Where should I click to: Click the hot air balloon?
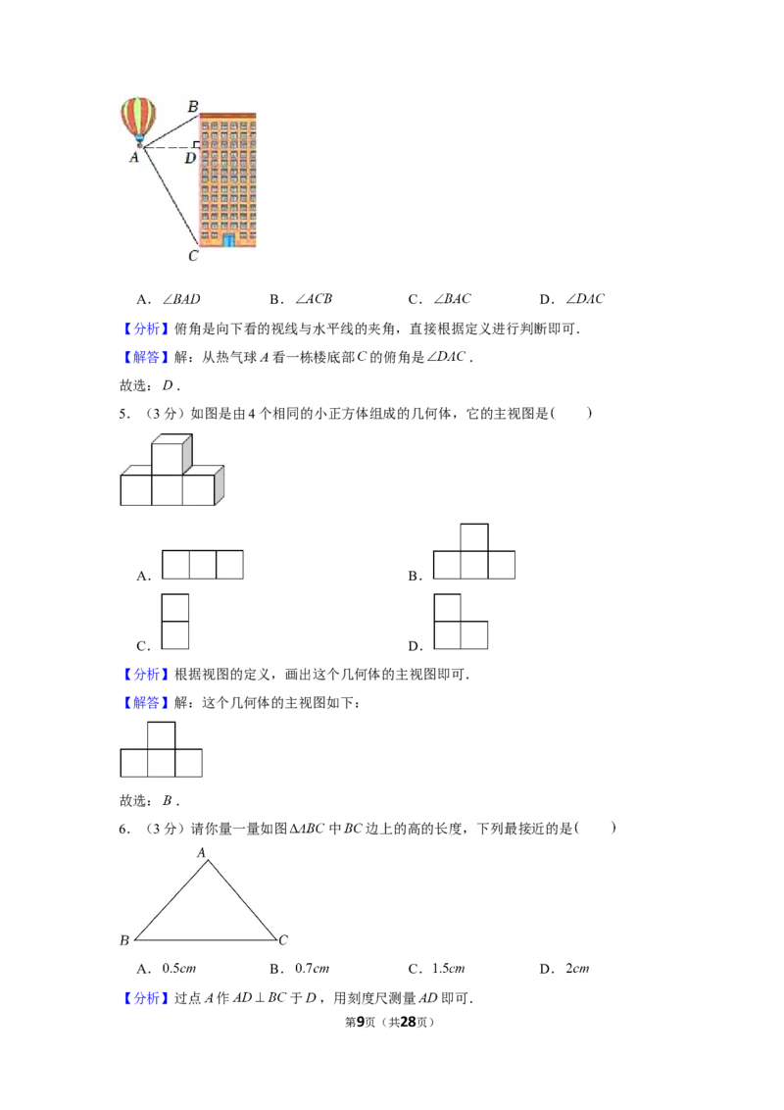pos(139,121)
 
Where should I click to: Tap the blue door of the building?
pos(228,240)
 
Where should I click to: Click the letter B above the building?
pos(193,106)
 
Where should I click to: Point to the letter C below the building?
pos(193,256)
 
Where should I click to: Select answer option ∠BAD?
pos(182,299)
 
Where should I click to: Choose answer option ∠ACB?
pos(314,299)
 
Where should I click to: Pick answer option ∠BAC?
pos(452,299)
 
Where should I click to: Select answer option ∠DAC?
pos(585,299)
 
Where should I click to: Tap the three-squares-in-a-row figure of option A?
pos(203,565)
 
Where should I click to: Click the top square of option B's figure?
pos(474,538)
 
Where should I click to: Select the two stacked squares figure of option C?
pos(175,622)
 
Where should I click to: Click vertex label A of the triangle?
pos(201,853)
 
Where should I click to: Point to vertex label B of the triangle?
pos(124,940)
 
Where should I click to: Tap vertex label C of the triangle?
pos(283,940)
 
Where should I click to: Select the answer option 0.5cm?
pos(179,969)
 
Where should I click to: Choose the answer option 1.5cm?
pos(449,969)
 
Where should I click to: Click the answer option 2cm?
pos(577,969)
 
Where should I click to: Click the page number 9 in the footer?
pos(361,1022)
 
